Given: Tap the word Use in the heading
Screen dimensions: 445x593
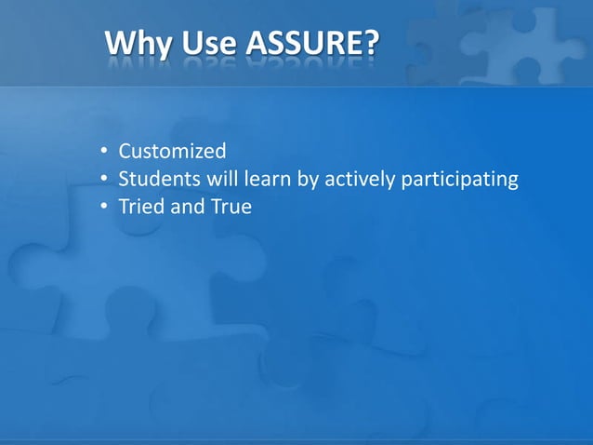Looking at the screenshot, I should [209, 44].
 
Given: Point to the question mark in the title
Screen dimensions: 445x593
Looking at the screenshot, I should [371, 43].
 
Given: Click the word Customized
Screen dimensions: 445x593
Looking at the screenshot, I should [172, 151].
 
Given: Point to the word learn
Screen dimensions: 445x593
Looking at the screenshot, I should [261, 179].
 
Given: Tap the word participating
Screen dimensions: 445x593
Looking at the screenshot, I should [458, 180].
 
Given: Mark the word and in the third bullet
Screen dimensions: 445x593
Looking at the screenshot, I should [186, 207].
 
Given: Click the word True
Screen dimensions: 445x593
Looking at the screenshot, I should [231, 207].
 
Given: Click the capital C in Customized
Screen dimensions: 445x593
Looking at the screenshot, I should [125, 151].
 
